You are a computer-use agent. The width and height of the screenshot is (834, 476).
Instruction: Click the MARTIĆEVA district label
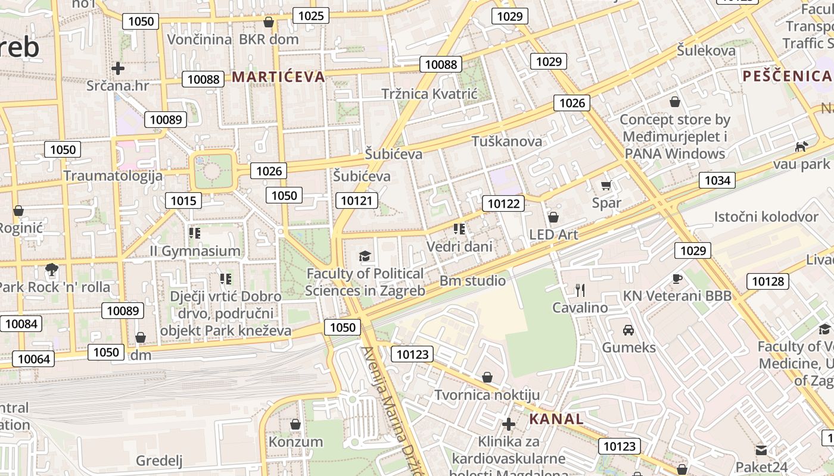[x=278, y=76]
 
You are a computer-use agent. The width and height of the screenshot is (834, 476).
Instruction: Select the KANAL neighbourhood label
[x=556, y=419]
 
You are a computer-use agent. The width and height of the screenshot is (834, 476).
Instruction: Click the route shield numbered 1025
[x=311, y=15]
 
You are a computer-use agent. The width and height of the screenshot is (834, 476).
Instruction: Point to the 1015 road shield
[x=183, y=201]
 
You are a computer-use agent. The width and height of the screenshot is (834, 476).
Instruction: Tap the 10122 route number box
[x=503, y=204]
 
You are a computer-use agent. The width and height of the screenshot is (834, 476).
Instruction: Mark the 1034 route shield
[x=717, y=180]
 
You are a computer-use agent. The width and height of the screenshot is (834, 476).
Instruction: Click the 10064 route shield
[x=34, y=359]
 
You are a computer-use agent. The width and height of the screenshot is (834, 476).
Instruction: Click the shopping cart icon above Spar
[x=606, y=186]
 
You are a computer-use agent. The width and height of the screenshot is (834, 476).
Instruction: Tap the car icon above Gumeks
[x=628, y=330]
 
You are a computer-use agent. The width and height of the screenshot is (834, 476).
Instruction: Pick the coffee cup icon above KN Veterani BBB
[x=677, y=278]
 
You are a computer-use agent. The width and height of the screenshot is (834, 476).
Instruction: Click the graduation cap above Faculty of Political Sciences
[x=365, y=256]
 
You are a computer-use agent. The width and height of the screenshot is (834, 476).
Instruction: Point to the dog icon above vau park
[x=802, y=146]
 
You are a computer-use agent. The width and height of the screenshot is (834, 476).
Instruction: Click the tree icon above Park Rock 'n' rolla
[x=52, y=270]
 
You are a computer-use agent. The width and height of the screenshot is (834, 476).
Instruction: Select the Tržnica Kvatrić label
[x=430, y=94]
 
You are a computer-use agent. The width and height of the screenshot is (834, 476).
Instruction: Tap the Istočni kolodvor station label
[x=766, y=217]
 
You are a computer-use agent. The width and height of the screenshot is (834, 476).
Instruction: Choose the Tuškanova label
[x=507, y=141]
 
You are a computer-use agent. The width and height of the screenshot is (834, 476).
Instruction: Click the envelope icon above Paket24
[x=761, y=450]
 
